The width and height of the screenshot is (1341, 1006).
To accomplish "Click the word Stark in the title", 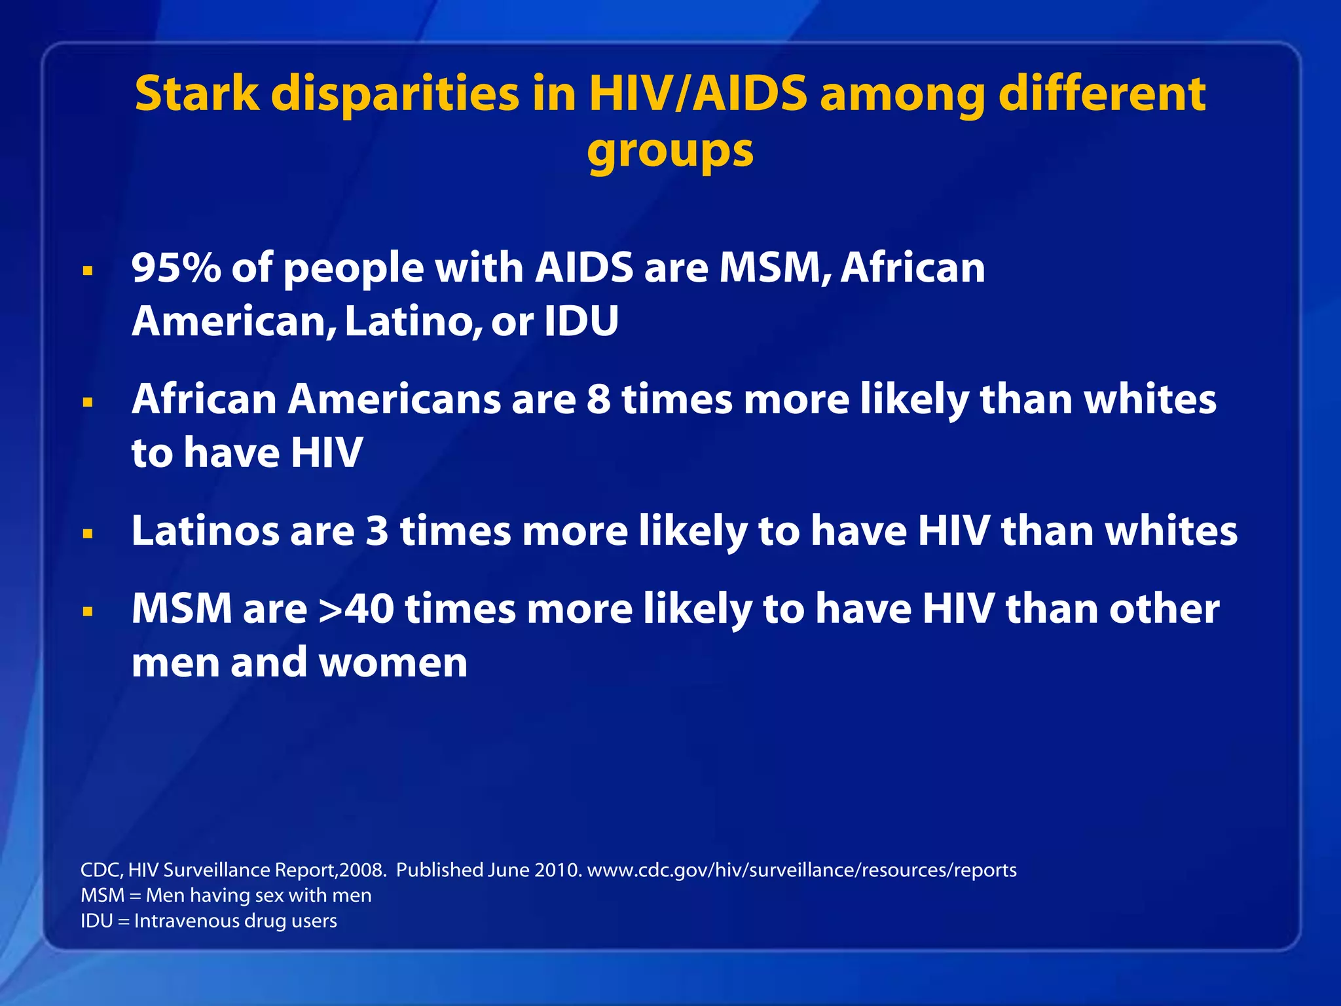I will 196,94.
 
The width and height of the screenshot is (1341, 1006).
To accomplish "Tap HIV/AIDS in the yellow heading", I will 698,94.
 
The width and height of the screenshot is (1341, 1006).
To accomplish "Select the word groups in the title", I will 670,151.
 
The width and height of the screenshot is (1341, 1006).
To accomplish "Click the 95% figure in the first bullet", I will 176,268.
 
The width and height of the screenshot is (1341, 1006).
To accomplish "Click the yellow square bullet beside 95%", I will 88,270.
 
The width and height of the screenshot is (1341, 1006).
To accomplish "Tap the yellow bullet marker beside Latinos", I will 88,534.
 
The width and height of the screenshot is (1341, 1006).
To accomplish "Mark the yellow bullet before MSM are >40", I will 88,612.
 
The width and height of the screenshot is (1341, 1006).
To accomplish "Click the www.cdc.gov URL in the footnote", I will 801,870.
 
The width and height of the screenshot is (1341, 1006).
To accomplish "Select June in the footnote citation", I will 509,870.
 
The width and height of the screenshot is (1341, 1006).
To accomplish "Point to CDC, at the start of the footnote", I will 101,870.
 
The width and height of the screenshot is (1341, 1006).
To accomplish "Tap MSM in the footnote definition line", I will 102,895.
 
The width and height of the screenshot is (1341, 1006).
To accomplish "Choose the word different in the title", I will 1101,94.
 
